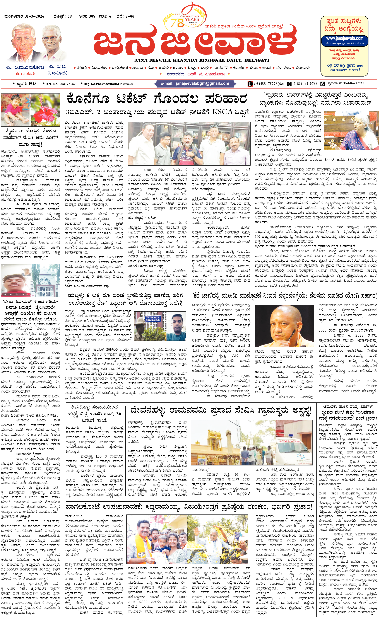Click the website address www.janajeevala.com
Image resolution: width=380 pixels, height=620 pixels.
point(344,39)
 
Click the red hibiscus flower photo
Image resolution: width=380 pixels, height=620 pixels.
point(45,110)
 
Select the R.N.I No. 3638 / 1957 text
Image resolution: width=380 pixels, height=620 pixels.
point(60,84)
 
